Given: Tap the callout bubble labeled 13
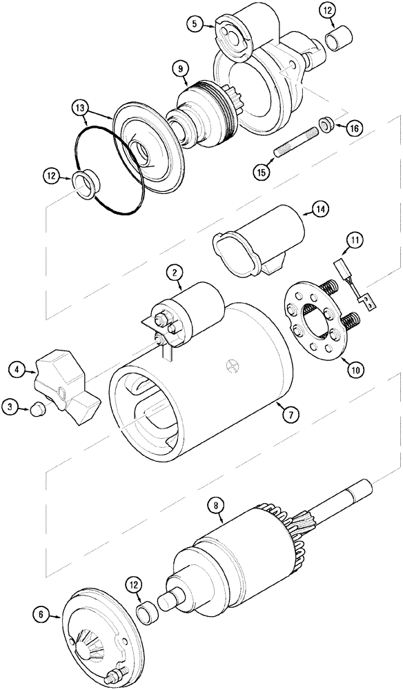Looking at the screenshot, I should [81, 108].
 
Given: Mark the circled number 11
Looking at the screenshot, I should [353, 241].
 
